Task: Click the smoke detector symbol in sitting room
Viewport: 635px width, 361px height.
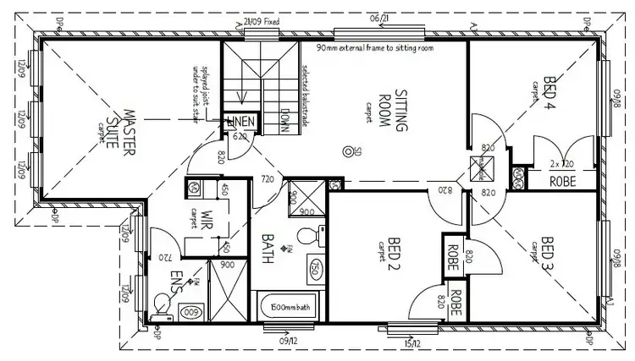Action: coord(346,152)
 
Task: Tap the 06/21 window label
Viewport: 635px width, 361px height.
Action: coord(378,18)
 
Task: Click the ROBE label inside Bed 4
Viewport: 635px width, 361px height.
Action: coord(563,180)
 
